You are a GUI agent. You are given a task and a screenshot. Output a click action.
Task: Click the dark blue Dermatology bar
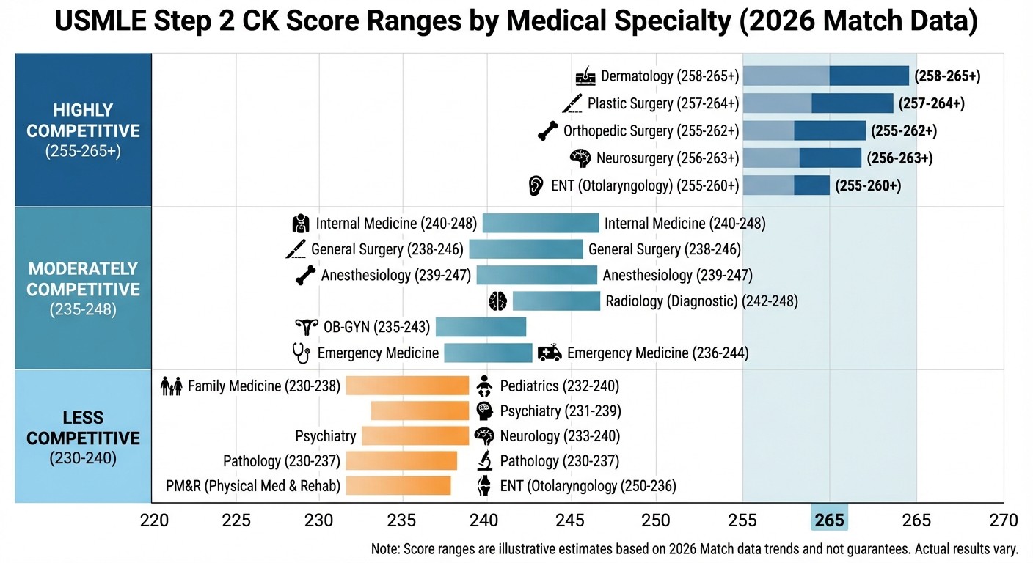(x=869, y=76)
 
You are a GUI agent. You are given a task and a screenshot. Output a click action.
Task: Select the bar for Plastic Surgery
(x=818, y=103)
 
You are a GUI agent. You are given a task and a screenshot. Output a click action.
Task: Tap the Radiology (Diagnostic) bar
(x=556, y=301)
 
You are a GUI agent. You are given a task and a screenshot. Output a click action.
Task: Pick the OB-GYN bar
(x=481, y=327)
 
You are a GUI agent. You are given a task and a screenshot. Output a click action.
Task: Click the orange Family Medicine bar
(x=407, y=386)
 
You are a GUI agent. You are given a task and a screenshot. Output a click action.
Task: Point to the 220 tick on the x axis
(x=154, y=520)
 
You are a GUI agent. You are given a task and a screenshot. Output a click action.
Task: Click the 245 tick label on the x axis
(x=570, y=520)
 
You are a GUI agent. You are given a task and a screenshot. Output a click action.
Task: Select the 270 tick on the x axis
(x=1003, y=520)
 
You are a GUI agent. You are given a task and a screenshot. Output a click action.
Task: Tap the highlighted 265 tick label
(x=829, y=520)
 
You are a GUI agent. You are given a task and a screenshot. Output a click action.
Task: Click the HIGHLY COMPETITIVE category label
(x=83, y=121)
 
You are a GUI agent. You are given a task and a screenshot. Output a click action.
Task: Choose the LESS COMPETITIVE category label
(x=83, y=428)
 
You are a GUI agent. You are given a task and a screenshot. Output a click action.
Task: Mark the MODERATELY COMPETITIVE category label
(x=83, y=279)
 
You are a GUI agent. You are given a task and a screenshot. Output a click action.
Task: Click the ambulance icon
(x=550, y=353)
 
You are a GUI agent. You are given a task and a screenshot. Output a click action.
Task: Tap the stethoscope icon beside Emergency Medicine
(x=300, y=353)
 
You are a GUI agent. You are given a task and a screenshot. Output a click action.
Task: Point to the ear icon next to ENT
(x=536, y=185)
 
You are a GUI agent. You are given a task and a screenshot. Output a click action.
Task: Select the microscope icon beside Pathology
(x=484, y=461)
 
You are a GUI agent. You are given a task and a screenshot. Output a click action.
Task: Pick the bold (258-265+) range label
(x=947, y=76)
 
